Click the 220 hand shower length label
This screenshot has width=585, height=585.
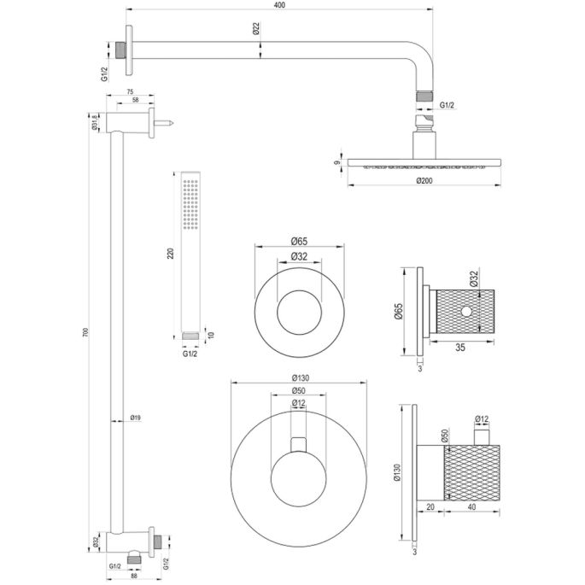(x=170, y=253)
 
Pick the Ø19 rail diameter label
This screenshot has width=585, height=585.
(x=135, y=418)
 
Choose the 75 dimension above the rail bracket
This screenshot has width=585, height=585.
(x=131, y=91)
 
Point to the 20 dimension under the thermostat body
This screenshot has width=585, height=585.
(x=431, y=507)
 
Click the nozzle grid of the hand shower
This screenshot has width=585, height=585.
(x=192, y=206)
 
